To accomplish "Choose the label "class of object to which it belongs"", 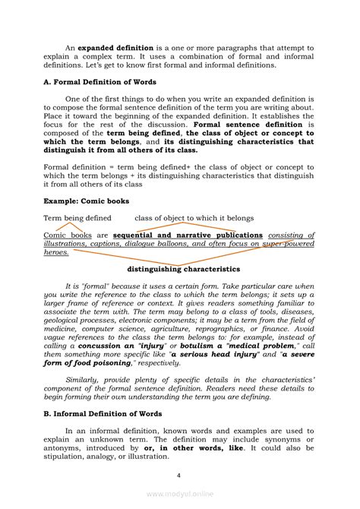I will (194, 218).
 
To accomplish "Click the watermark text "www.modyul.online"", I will (180, 493).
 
